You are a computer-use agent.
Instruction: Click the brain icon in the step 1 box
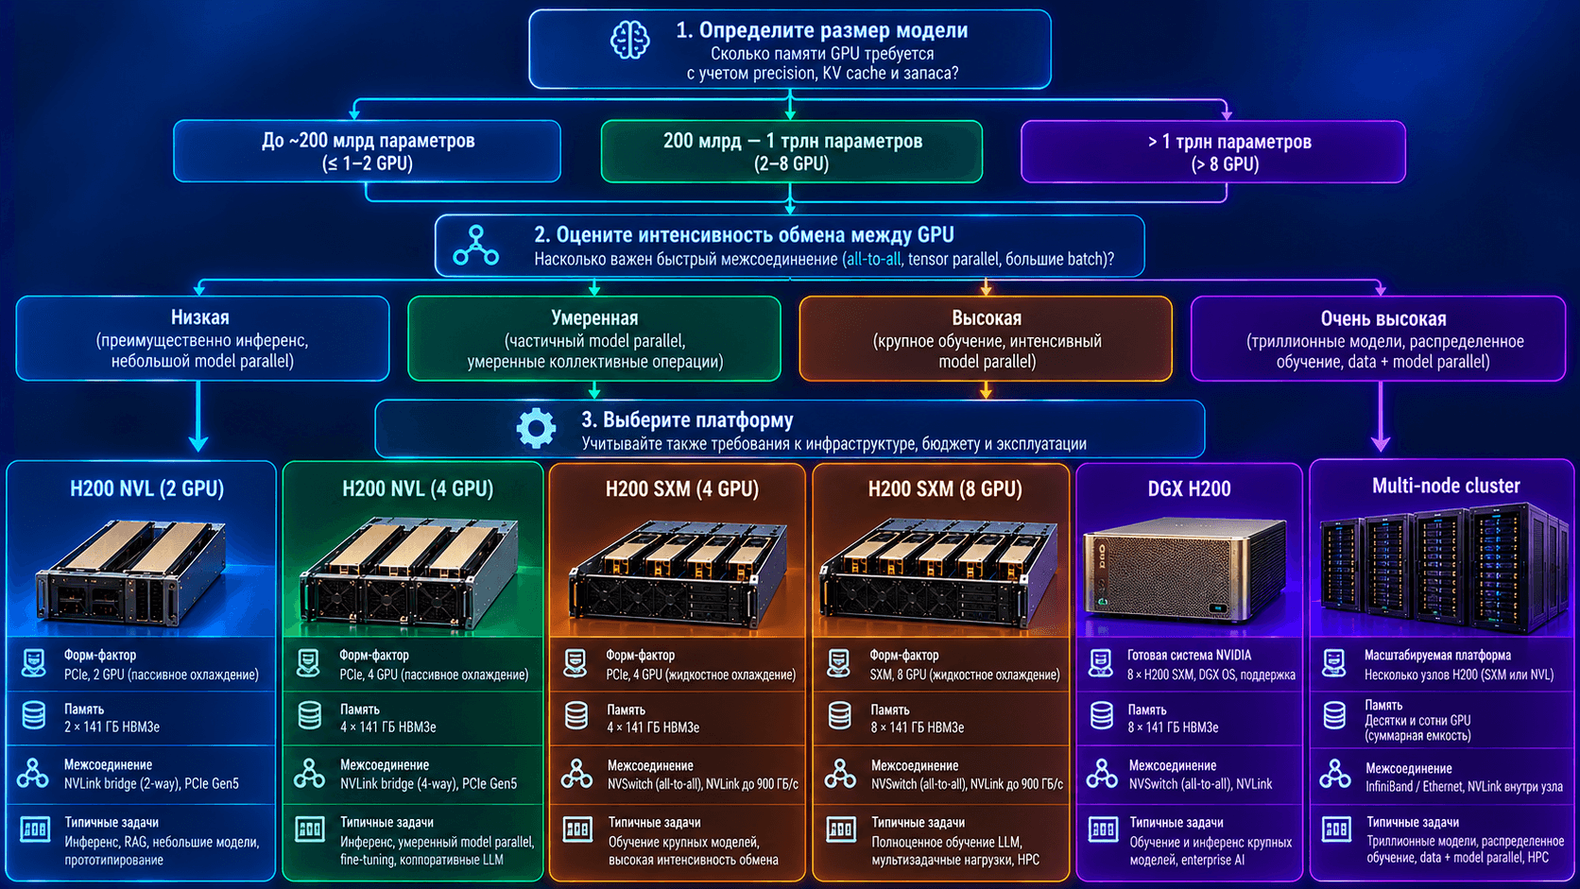(630, 40)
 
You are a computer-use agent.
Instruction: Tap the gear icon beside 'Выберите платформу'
(536, 428)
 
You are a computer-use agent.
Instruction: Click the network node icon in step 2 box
(476, 246)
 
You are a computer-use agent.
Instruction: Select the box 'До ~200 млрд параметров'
(367, 151)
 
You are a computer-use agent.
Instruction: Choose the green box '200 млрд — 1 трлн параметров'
(791, 151)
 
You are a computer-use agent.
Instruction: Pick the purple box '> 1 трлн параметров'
(1213, 151)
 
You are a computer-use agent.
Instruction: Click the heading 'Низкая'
(200, 317)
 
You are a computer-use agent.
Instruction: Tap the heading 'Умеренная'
(594, 318)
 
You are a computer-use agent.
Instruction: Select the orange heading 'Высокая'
(987, 318)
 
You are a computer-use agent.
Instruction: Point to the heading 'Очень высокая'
(1383, 318)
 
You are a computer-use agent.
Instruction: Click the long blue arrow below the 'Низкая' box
(198, 416)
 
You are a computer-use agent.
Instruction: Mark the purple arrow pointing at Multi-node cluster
(1381, 416)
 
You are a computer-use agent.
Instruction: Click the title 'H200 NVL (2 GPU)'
(146, 488)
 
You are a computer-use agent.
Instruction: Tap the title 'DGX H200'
(1189, 488)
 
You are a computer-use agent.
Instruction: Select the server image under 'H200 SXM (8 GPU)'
(939, 572)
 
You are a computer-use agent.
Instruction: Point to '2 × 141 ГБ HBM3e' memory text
(112, 727)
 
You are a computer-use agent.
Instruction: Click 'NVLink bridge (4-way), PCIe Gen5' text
(428, 783)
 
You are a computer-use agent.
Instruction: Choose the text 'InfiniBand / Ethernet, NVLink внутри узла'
(1464, 786)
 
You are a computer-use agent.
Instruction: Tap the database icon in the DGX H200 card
(1102, 715)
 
